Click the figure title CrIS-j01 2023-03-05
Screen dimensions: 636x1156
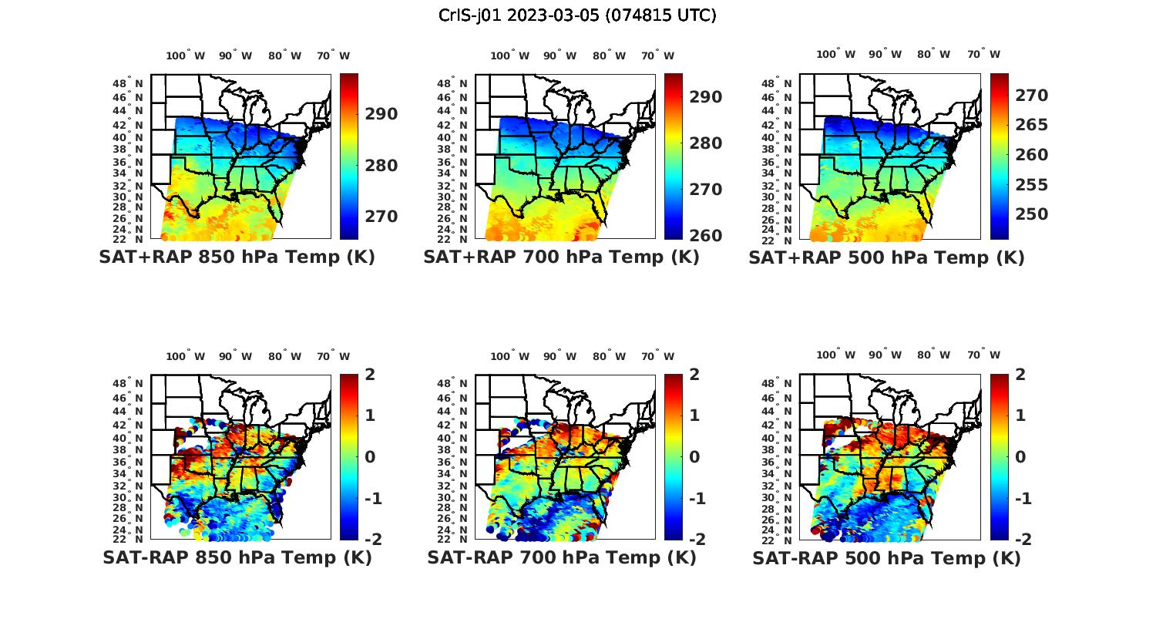(577, 15)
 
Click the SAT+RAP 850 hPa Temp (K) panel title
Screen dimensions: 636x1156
(237, 257)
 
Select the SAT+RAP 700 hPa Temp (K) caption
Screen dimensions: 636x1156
(561, 257)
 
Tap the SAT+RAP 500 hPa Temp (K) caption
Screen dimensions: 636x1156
(886, 258)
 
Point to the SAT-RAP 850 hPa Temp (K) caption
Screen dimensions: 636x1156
(237, 558)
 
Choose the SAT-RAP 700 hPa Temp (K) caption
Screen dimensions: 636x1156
(561, 558)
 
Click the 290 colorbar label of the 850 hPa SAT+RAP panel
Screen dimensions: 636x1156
(381, 114)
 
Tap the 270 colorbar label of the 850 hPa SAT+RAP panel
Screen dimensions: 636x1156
(381, 217)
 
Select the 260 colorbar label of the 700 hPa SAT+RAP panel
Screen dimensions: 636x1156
(705, 236)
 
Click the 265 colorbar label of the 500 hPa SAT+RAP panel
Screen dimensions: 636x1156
(1031, 125)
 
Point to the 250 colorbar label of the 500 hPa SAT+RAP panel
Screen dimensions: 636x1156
(1031, 214)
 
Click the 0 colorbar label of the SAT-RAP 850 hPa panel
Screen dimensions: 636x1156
(371, 457)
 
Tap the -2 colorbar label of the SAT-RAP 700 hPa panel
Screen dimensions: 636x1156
(696, 540)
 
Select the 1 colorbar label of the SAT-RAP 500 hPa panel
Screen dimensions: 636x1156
(1021, 416)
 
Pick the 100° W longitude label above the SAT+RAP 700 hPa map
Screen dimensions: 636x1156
(509, 56)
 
